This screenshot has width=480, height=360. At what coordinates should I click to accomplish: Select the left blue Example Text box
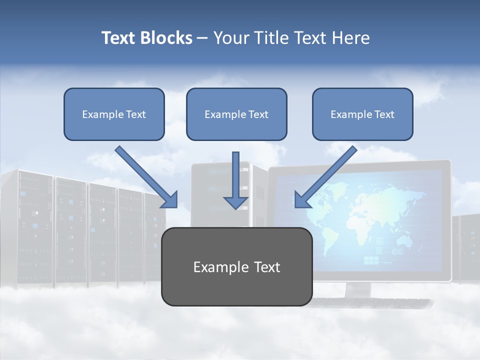[114, 114]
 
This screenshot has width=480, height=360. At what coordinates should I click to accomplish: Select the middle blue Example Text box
[236, 114]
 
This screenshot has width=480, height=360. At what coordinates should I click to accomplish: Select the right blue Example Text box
[362, 114]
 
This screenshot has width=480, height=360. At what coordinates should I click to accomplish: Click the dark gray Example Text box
[236, 266]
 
